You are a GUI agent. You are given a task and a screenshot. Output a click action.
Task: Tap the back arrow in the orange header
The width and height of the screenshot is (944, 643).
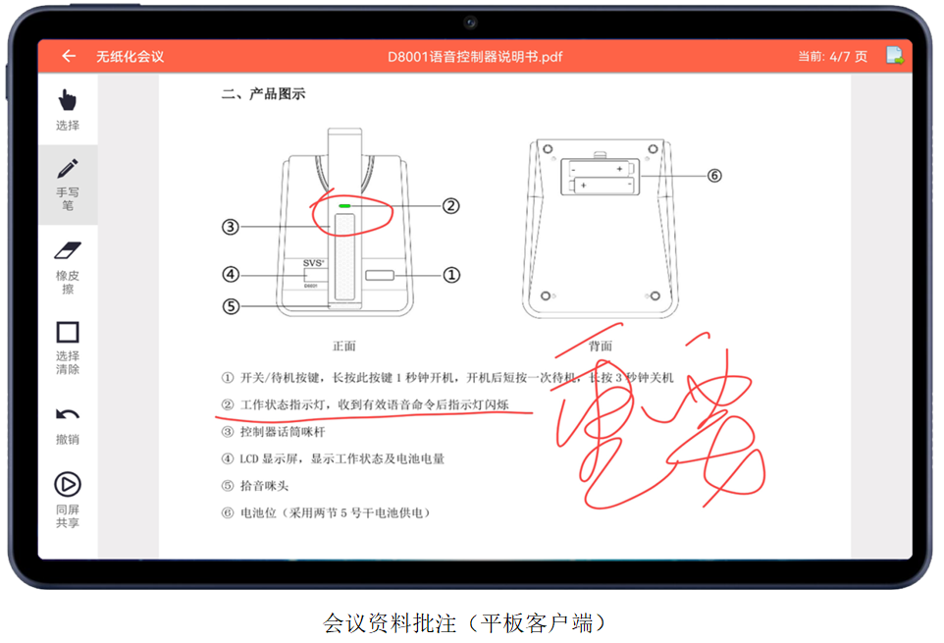pos(68,56)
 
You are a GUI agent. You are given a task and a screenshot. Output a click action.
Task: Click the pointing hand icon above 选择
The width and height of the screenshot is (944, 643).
pos(68,99)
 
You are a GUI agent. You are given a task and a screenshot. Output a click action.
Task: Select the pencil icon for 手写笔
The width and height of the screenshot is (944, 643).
pos(68,169)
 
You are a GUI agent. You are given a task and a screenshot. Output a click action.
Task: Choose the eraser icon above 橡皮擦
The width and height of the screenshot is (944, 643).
pos(68,251)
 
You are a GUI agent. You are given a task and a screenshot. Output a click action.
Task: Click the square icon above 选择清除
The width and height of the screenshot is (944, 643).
pos(68,332)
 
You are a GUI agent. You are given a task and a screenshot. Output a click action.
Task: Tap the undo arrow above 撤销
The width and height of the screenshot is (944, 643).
pos(68,414)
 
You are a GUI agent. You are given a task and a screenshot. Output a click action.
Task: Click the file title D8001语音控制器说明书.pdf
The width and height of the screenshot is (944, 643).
pos(475,56)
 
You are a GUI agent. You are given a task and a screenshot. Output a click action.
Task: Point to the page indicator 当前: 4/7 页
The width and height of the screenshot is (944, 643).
pos(832,56)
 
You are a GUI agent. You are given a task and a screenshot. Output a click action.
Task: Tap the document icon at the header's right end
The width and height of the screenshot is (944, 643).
pos(895,56)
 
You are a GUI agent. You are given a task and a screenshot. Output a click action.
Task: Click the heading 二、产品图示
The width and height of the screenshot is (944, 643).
pos(263,94)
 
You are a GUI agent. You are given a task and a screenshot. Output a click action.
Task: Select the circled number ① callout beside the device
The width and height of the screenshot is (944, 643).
pos(451,275)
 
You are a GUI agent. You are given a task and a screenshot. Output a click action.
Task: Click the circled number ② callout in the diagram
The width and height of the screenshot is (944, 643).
pos(450,206)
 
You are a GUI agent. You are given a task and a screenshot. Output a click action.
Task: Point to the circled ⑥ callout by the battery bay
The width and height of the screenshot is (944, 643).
pos(713,175)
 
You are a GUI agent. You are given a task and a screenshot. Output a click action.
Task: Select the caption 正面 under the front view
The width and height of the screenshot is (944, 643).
pos(343,346)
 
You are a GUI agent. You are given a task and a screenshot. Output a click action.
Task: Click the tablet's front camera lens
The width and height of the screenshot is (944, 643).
pos(471,22)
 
